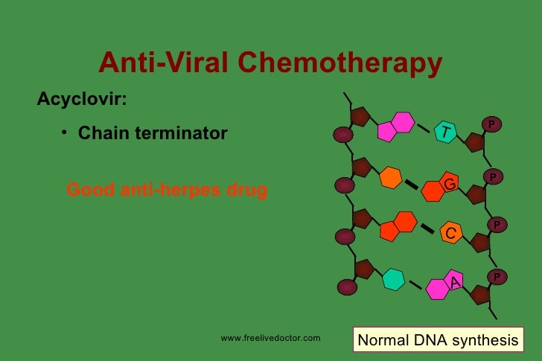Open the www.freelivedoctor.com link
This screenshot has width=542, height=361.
[271, 339]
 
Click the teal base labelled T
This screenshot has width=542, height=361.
[445, 132]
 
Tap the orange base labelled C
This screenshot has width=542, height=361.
[450, 233]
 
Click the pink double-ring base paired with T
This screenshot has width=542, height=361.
[395, 126]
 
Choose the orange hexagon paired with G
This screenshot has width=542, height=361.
[390, 179]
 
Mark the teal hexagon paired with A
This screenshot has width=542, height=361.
[393, 279]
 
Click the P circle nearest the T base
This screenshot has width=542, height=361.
[491, 123]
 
